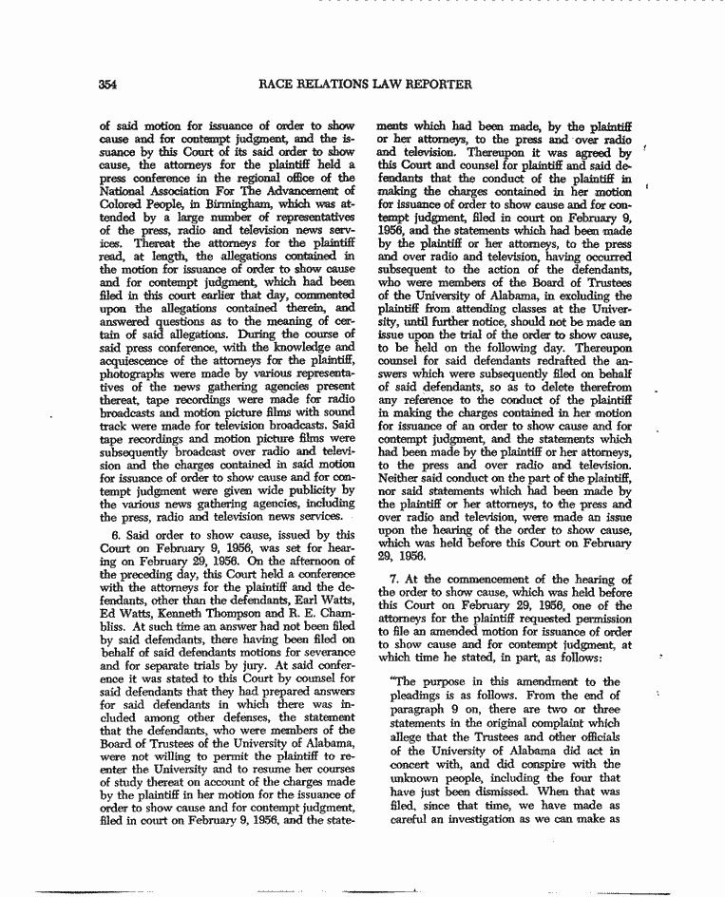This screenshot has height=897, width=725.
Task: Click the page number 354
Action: (x=106, y=85)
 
